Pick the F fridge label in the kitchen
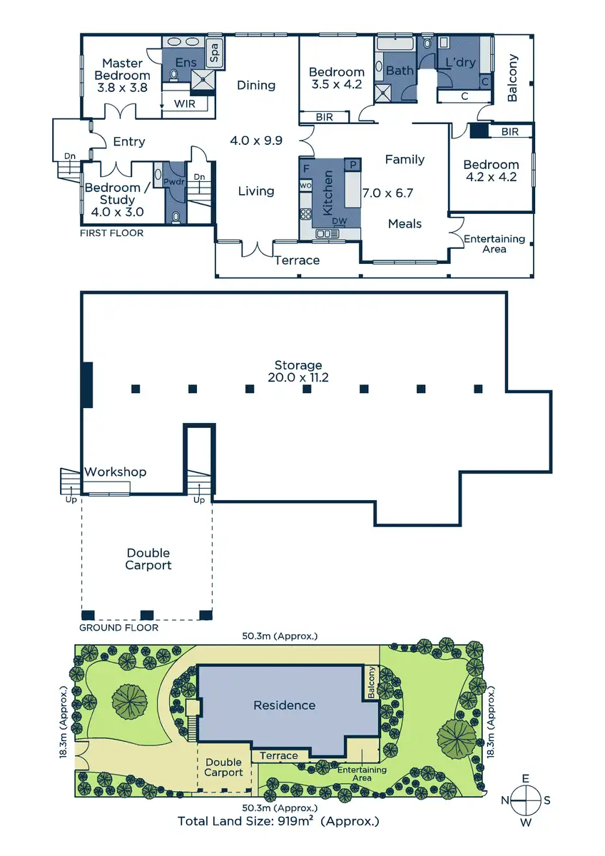(x=306, y=168)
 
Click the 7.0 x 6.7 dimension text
(x=388, y=193)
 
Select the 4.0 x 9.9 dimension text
(x=256, y=141)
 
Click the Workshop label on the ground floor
(x=116, y=472)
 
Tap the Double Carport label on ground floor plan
(x=148, y=559)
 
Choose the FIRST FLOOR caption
(x=112, y=233)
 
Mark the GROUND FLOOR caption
(x=118, y=628)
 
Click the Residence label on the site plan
(x=284, y=705)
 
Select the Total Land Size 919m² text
(x=278, y=821)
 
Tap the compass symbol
(x=525, y=800)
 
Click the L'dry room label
(x=460, y=63)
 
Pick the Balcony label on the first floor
(x=512, y=78)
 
